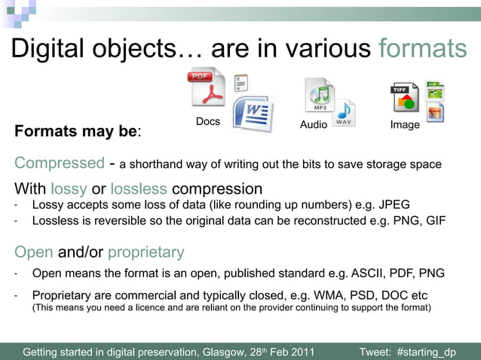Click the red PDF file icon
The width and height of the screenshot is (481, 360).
[206, 90]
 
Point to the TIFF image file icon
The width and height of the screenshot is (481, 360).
[404, 99]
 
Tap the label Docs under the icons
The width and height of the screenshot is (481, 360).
[208, 121]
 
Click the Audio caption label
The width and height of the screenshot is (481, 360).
[314, 125]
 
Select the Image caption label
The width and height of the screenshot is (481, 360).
[405, 125]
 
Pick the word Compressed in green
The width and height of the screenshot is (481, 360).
[59, 163]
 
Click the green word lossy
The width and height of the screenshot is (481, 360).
[69, 188]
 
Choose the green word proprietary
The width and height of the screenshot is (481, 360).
[146, 252]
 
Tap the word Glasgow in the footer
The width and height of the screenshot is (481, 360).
[223, 352]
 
